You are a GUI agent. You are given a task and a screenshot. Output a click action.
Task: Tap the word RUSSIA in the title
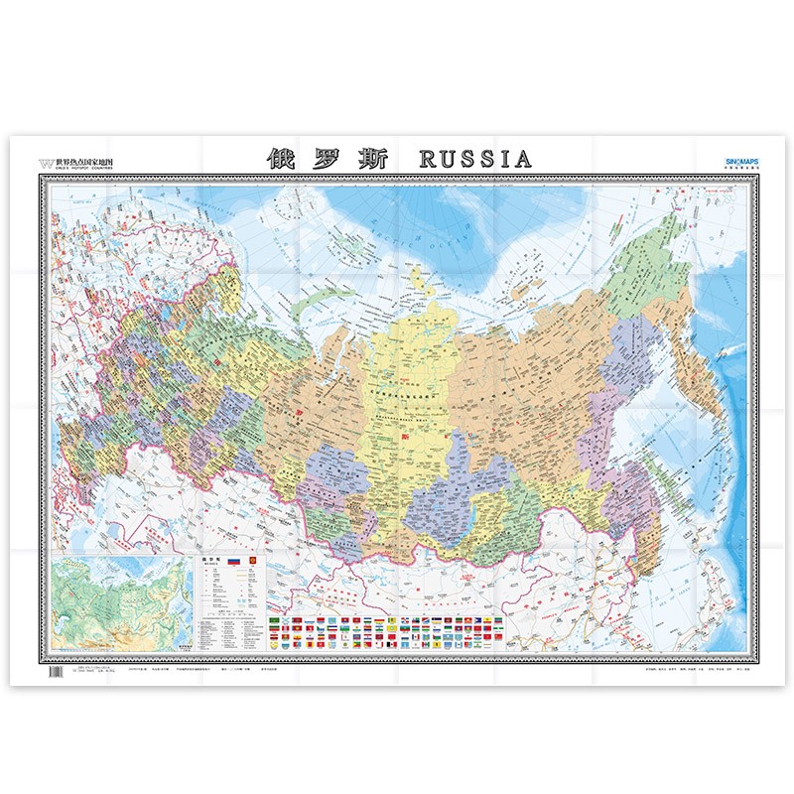[476, 158]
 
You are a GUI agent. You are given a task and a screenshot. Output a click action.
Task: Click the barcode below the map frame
[54, 672]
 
